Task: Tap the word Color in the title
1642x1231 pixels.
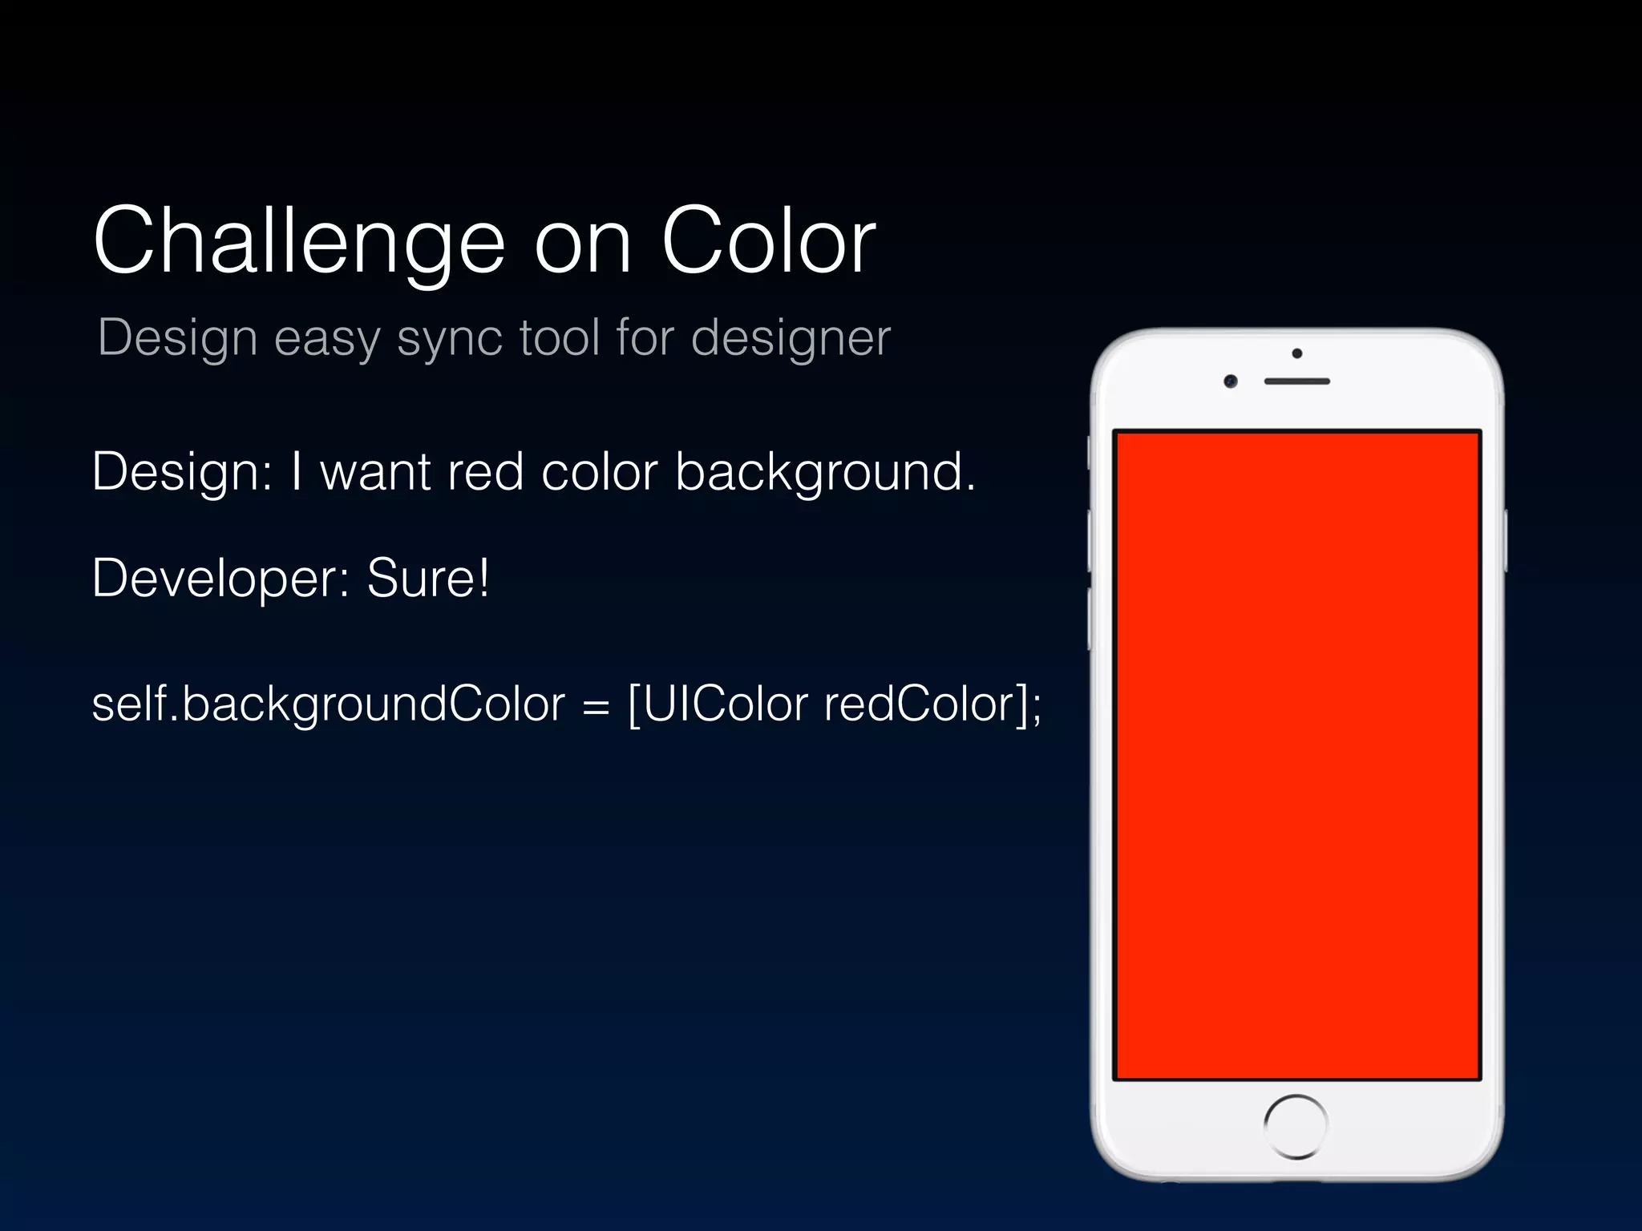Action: (768, 240)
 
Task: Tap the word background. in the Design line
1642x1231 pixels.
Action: (826, 473)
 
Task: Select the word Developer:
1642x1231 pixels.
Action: (220, 579)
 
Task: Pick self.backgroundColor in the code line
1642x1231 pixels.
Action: (329, 705)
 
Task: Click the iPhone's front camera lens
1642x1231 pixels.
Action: (1231, 381)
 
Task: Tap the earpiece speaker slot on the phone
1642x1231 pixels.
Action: (1296, 381)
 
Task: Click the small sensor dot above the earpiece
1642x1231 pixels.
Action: (1297, 353)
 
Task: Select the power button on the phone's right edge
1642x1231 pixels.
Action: (1505, 540)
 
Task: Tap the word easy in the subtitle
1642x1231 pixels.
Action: (327, 338)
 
